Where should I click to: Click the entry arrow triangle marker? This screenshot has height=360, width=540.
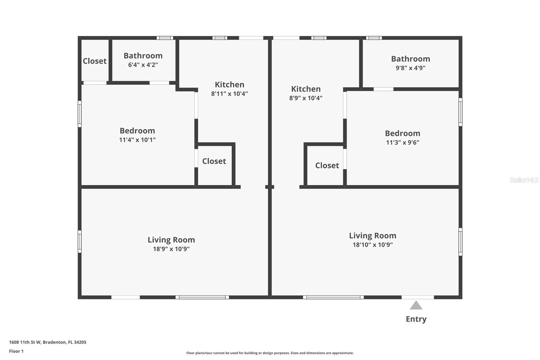pos(416,305)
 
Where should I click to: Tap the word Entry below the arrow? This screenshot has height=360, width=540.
pos(416,319)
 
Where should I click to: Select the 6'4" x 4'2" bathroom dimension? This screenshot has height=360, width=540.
pos(143,65)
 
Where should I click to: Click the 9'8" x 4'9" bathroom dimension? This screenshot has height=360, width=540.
pos(410,68)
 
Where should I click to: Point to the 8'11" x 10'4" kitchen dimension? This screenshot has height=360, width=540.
pos(230,94)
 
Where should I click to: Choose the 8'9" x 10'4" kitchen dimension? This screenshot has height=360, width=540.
pos(306,98)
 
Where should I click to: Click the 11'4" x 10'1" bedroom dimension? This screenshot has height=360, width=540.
pos(137,140)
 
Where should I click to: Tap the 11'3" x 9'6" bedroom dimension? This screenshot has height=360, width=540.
pos(402,143)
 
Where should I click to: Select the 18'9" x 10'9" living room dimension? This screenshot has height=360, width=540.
pos(171,249)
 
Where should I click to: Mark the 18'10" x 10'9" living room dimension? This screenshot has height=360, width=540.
pos(373,245)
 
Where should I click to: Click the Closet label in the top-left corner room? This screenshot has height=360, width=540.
pos(94,61)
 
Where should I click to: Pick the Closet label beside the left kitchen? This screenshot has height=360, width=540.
pos(214,161)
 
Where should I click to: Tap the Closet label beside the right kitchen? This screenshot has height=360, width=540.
pos(327,165)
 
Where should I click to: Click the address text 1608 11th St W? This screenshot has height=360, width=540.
pos(48,342)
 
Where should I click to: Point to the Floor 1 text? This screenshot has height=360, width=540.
pos(16,351)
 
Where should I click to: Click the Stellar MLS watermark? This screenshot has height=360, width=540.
pos(524,180)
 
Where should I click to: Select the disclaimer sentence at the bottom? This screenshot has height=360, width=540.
pos(270,353)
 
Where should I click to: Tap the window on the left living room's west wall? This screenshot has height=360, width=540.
pos(80,241)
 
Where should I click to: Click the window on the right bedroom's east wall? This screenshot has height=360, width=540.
pos(460,112)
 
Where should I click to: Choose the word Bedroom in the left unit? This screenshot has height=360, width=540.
pos(137,131)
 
